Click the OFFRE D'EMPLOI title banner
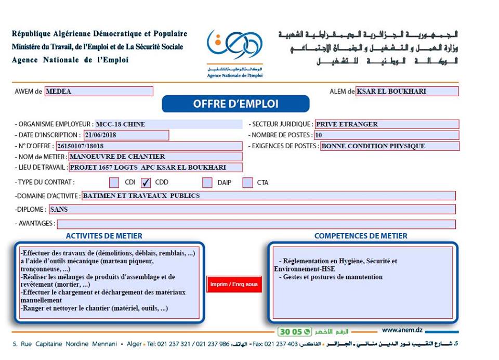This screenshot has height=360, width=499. tap(235, 104)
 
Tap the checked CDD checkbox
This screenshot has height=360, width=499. tap(146, 183)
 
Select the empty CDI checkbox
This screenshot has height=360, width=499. tap(114, 183)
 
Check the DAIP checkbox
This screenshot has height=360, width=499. tap(207, 183)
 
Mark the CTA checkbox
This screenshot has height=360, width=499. tap(247, 183)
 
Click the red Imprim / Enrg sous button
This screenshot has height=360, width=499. tap(233, 285)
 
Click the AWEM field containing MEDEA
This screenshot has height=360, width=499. tap(99, 92)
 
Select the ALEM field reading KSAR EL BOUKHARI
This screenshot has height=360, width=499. tap(407, 92)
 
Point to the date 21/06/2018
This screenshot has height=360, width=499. tap(126, 135)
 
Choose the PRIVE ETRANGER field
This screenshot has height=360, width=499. tap(387, 124)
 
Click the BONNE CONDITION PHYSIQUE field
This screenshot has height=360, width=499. tap(389, 146)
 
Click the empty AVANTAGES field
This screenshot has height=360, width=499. tap(256, 224)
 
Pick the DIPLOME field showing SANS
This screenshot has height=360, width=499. tap(252, 210)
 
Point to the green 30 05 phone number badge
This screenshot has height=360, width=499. tap(294, 331)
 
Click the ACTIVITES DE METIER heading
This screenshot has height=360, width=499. tap(104, 236)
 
